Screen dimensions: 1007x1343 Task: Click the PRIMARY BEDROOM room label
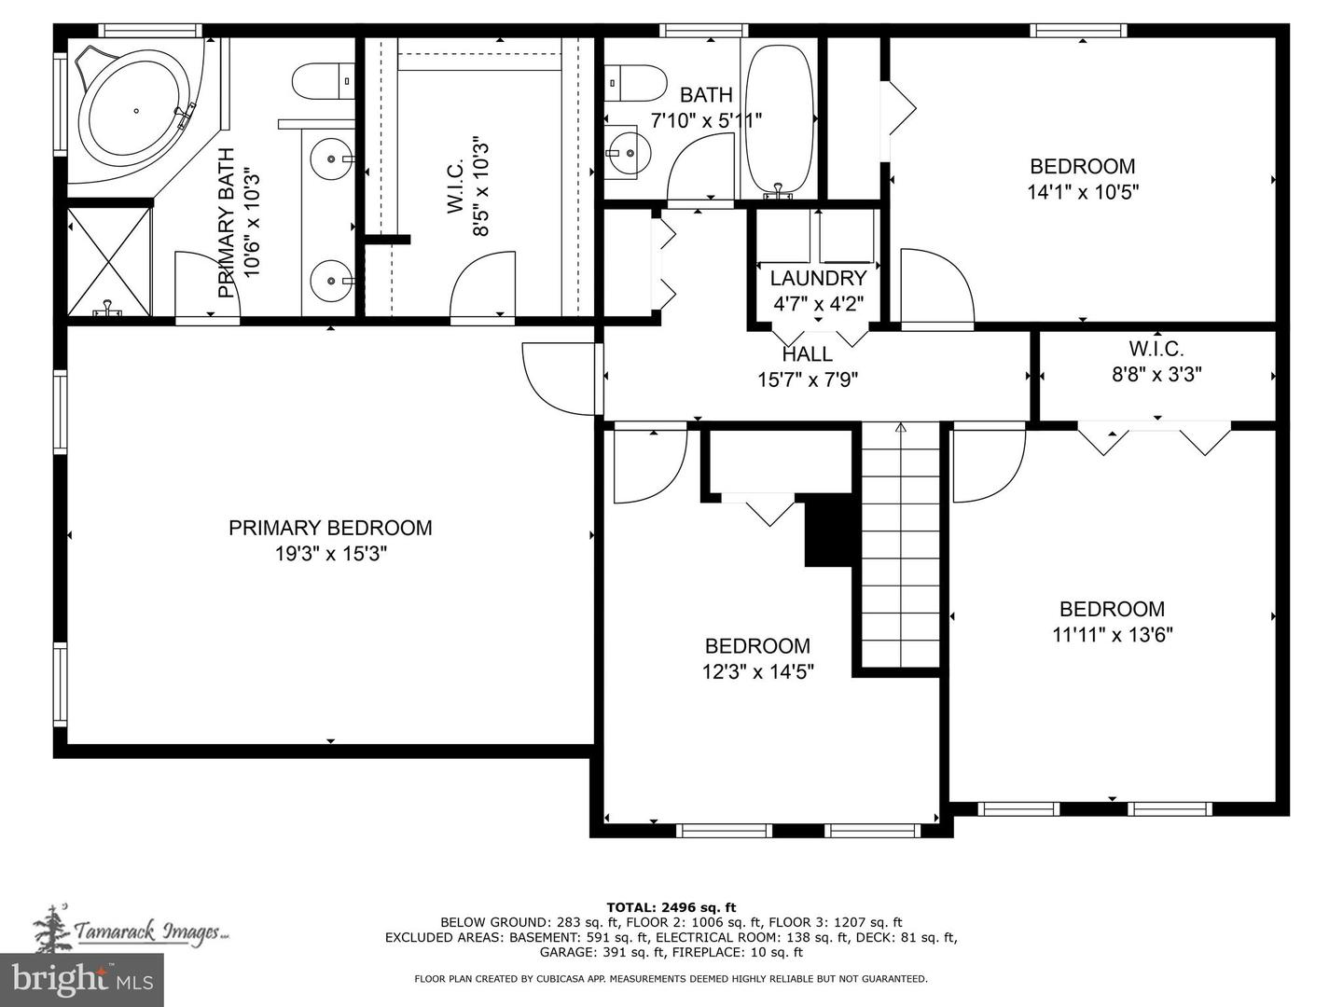(330, 528)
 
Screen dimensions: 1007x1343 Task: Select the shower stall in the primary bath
(108, 262)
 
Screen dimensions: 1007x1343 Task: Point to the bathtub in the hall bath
(778, 118)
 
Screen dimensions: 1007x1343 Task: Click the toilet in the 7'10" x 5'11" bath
(634, 83)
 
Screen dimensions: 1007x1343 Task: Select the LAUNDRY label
(818, 278)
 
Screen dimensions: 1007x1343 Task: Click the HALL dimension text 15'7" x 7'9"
(807, 379)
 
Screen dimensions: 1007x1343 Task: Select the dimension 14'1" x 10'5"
(1082, 192)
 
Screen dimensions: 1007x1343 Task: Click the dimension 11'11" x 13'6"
(1112, 635)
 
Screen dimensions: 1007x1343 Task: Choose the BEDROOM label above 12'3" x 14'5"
(757, 646)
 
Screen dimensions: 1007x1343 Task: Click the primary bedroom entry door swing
(558, 378)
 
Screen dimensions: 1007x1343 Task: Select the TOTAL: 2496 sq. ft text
(671, 906)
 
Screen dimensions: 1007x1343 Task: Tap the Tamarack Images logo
(131, 930)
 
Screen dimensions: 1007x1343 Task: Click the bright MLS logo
(82, 979)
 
